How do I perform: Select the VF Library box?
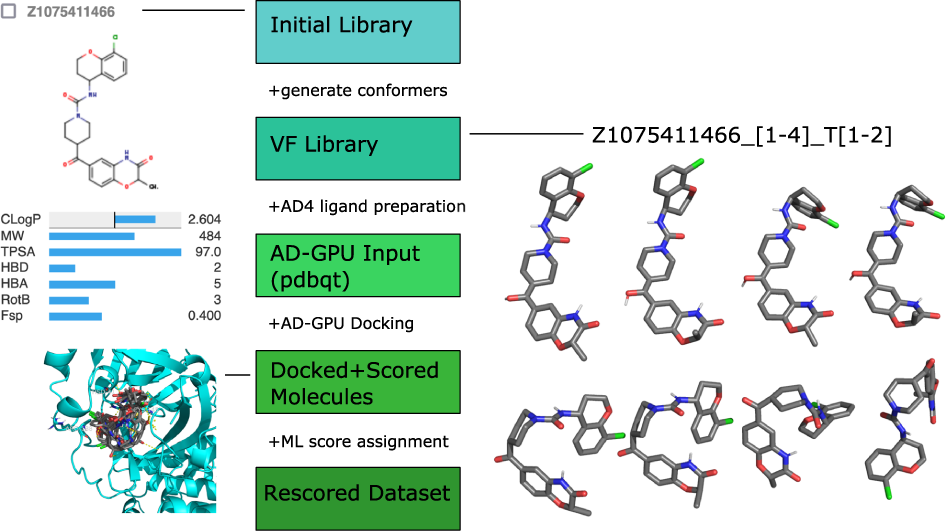[x=357, y=145]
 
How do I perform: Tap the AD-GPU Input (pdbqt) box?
[x=357, y=264]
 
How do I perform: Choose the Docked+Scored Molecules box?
[x=357, y=382]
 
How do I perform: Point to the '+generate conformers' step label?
[x=357, y=90]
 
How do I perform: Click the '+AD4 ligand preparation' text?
[x=367, y=207]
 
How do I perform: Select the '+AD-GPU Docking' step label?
[x=341, y=324]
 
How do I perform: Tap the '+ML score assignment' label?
[x=358, y=441]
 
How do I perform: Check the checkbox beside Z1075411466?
[x=9, y=11]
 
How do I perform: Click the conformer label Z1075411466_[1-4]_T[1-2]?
[x=741, y=135]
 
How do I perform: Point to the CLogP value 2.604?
[x=203, y=218]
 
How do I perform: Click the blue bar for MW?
[x=92, y=236]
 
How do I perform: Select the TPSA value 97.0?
[x=207, y=251]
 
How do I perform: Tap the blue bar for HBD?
[x=62, y=268]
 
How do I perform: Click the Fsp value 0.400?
[x=204, y=316]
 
